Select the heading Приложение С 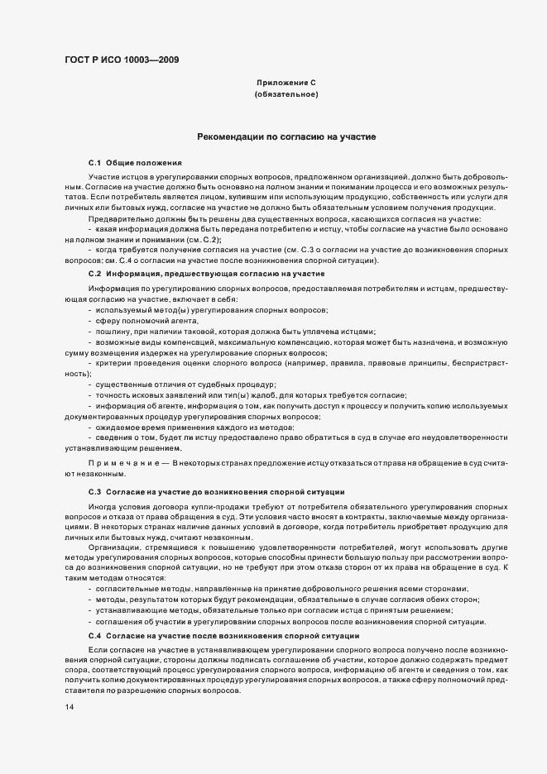[x=286, y=84]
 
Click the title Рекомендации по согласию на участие [x=286, y=136]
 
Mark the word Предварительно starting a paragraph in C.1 [x=117, y=217]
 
